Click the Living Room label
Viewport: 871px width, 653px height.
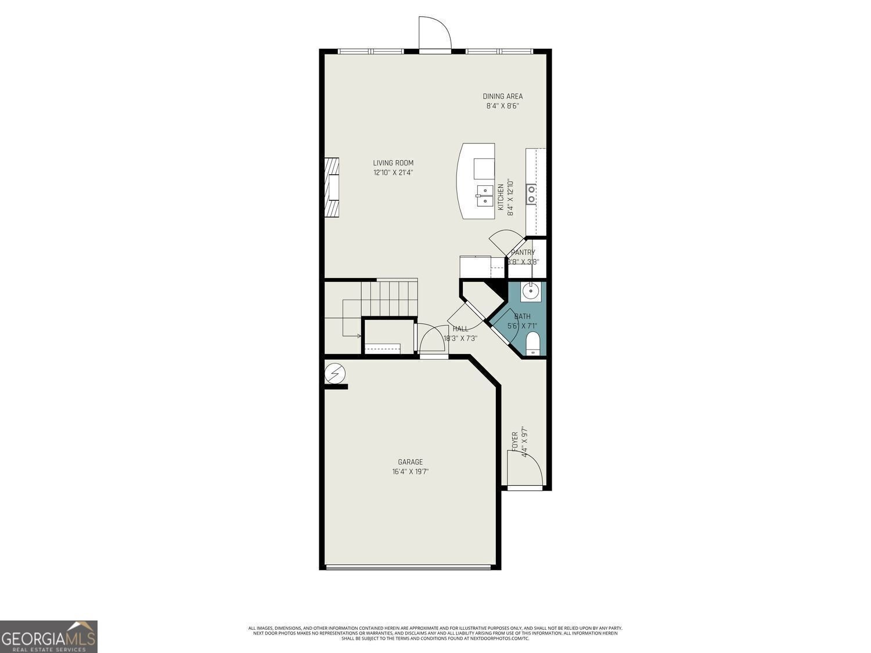coord(393,163)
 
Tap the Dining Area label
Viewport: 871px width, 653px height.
coord(503,96)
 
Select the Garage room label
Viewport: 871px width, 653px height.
coord(411,462)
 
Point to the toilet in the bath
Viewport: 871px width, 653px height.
coord(532,344)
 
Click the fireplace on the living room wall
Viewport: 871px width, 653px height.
coord(332,187)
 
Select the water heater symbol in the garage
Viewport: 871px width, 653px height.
coord(334,373)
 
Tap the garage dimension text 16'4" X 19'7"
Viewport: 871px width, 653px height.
coord(411,472)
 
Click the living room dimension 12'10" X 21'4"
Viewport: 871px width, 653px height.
coord(393,173)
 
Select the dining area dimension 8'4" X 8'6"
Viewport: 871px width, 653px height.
coord(503,106)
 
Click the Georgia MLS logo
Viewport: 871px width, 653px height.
coord(49,637)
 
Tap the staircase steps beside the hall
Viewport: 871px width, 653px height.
coord(389,298)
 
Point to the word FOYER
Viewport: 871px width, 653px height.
coord(514,442)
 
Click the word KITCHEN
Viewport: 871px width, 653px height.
coord(501,197)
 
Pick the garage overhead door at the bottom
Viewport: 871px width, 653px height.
coord(410,567)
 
